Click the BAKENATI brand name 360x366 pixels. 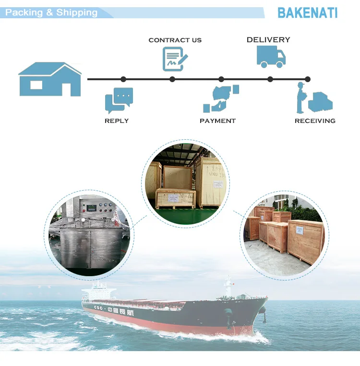308,12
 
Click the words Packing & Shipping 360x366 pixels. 51,12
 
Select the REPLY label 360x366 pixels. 117,121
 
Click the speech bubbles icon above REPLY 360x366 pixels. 119,100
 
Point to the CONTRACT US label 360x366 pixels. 175,40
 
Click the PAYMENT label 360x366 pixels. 217,121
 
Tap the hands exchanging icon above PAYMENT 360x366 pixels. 220,98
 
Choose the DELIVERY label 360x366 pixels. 268,40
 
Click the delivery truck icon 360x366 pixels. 271,57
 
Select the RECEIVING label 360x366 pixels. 315,121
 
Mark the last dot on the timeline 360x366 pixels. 308,79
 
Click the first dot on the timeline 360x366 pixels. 123,79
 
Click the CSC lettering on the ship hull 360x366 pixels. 98,308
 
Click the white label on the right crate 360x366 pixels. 304,230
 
